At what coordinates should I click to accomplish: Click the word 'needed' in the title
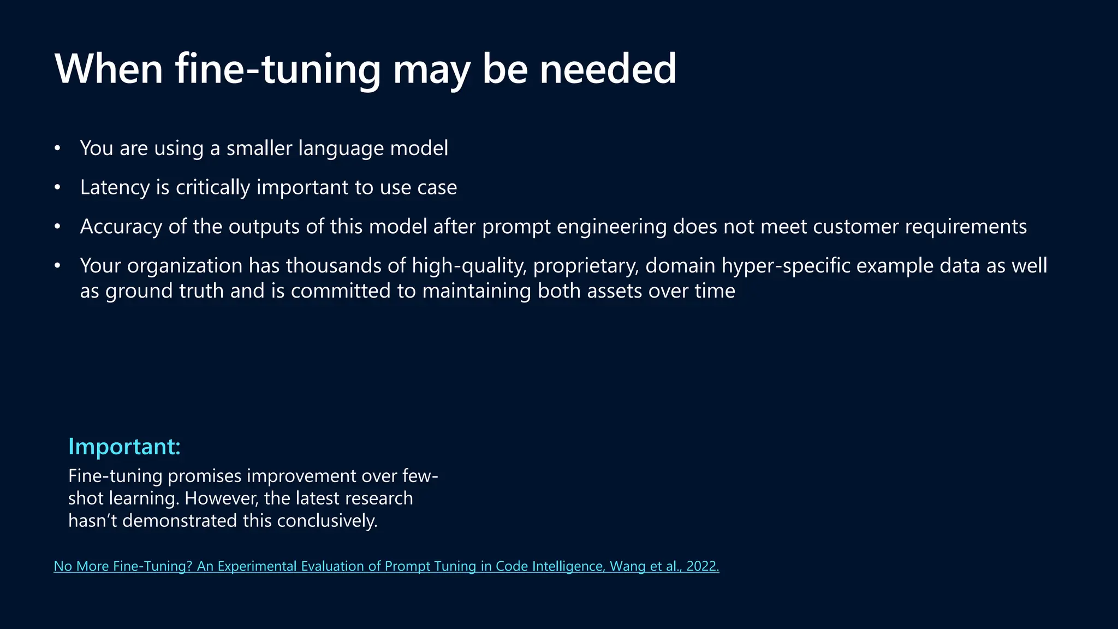coord(608,69)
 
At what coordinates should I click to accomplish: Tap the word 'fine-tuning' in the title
coord(277,69)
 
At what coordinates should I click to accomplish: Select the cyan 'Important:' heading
coord(124,447)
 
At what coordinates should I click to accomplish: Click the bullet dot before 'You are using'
coord(57,148)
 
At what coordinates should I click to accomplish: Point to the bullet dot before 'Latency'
coord(57,187)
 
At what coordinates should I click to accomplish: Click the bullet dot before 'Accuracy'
coord(57,227)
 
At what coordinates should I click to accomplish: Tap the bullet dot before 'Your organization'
coord(57,266)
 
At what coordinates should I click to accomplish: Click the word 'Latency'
coord(115,187)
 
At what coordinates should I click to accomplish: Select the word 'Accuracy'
coord(121,227)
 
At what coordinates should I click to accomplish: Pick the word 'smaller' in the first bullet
coord(259,148)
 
